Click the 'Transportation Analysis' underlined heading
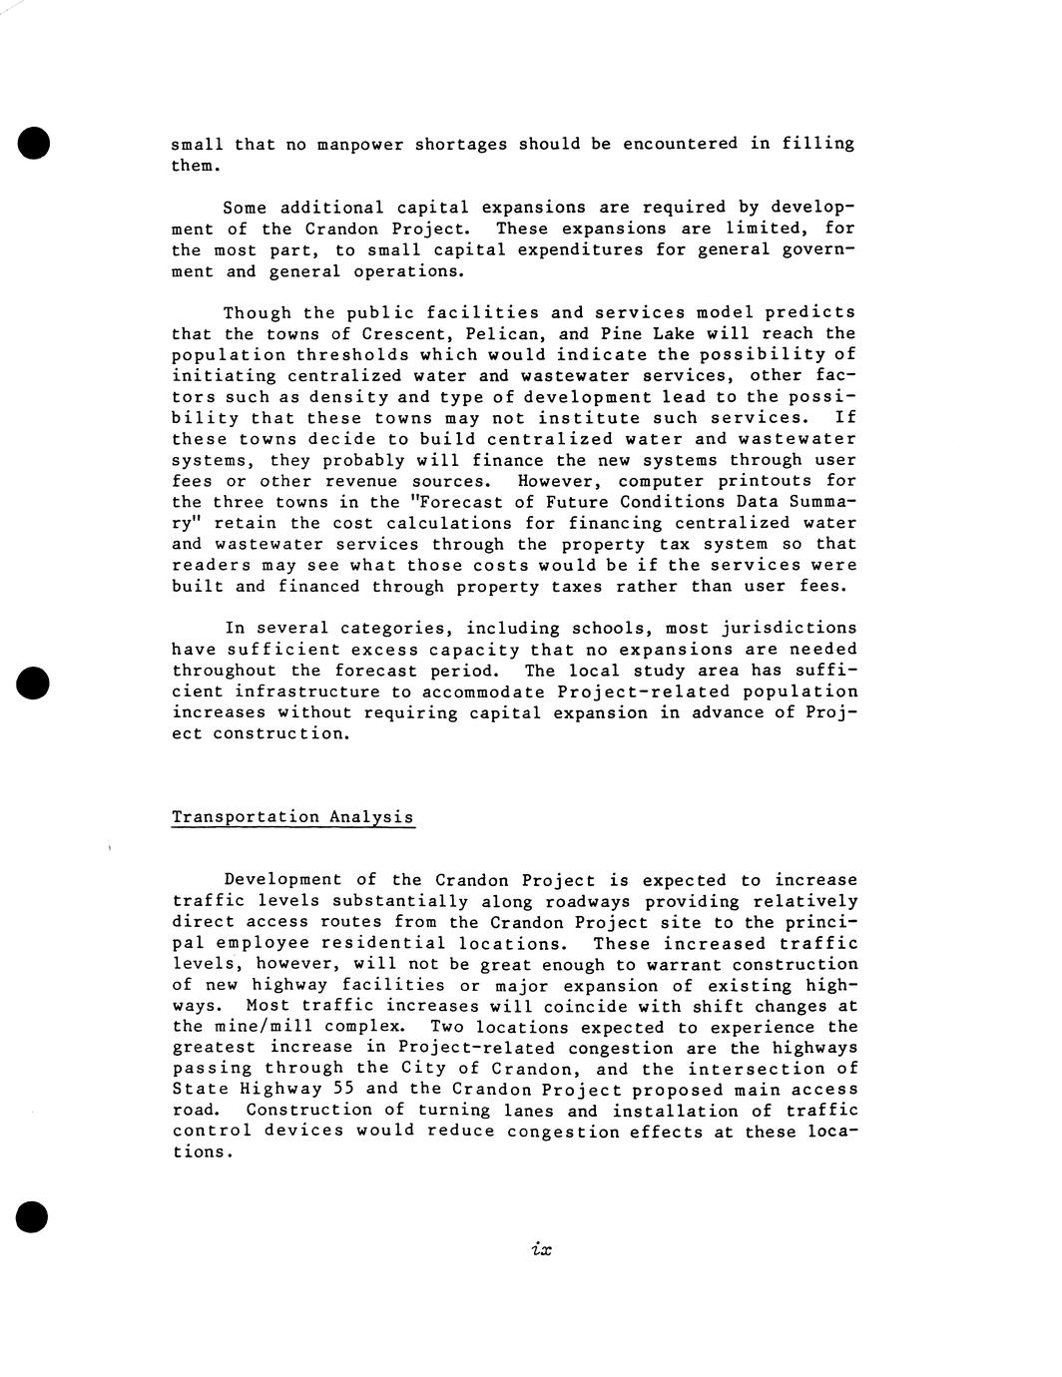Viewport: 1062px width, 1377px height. (292, 817)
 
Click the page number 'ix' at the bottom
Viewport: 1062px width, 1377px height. (542, 1249)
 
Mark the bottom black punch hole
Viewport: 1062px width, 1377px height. (33, 1217)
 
